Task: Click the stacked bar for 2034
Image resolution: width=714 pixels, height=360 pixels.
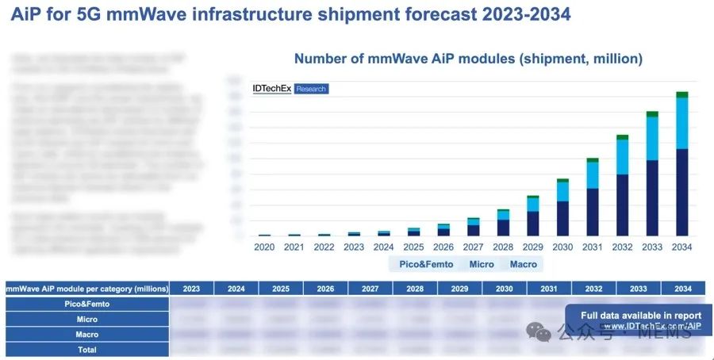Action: coord(681,167)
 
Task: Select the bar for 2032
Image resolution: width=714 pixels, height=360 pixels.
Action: coord(622,186)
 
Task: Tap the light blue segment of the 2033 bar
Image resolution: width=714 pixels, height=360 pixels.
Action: coord(652,138)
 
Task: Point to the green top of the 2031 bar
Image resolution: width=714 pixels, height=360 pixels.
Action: coord(592,159)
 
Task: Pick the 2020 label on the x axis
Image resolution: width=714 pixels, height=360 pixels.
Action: coord(264,247)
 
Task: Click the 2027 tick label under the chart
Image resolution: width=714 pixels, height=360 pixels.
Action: coord(473,247)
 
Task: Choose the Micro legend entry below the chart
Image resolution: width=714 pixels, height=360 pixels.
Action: coord(481,264)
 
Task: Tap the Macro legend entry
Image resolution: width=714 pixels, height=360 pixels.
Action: coord(523,264)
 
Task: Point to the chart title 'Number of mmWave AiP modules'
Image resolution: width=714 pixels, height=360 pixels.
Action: coord(468,59)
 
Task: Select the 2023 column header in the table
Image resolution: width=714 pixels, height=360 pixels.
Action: coord(190,289)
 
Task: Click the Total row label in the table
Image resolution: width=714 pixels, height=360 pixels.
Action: coord(87,349)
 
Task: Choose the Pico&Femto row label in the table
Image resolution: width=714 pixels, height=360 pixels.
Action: coord(87,304)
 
